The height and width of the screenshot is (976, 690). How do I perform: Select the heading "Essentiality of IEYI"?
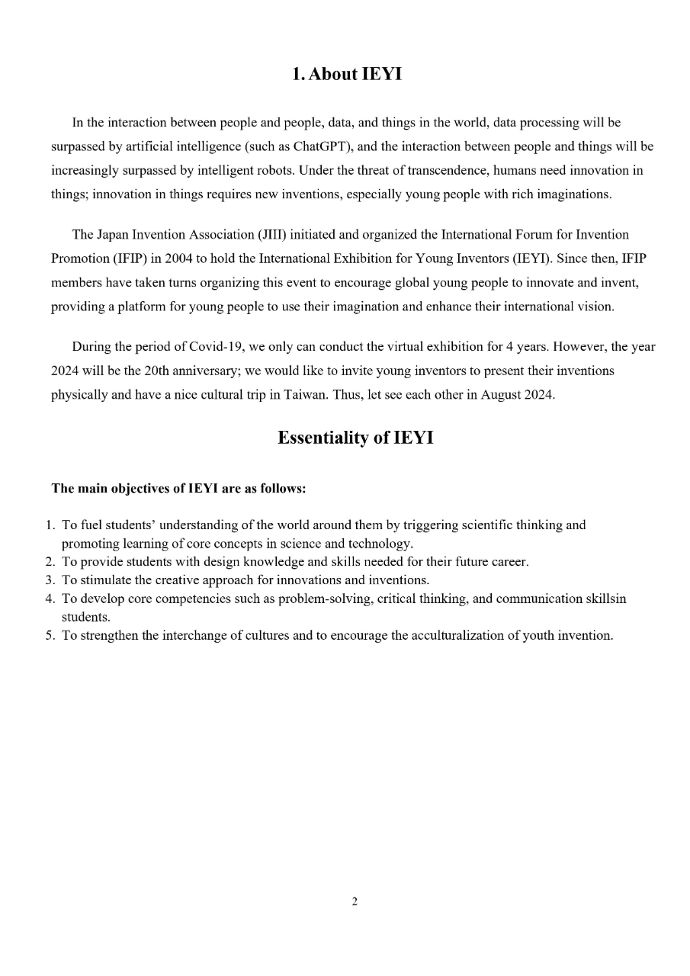click(x=355, y=438)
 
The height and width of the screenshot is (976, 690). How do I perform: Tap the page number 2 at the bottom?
click(x=355, y=902)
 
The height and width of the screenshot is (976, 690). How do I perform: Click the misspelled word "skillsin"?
click(x=605, y=599)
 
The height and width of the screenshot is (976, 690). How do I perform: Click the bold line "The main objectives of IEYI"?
click(x=178, y=489)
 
